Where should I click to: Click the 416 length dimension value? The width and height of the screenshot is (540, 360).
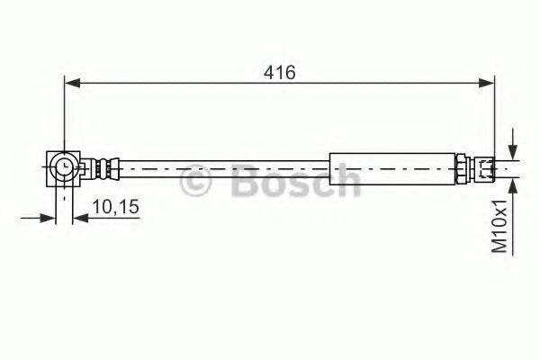(280, 73)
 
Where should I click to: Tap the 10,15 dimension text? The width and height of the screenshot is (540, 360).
(116, 207)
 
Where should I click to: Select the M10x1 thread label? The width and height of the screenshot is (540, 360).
(499, 226)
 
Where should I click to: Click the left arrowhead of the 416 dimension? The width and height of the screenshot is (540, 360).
(73, 83)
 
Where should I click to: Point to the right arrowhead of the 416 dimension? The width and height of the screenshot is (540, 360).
(487, 83)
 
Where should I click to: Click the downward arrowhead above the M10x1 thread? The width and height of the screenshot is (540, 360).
(513, 152)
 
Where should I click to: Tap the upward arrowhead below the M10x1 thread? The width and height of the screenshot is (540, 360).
(513, 186)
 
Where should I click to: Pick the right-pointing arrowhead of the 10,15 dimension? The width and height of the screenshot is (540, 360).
(48, 218)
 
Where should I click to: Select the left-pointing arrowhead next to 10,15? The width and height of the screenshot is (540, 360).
(81, 218)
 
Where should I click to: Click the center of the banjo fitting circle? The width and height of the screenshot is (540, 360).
(64, 168)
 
